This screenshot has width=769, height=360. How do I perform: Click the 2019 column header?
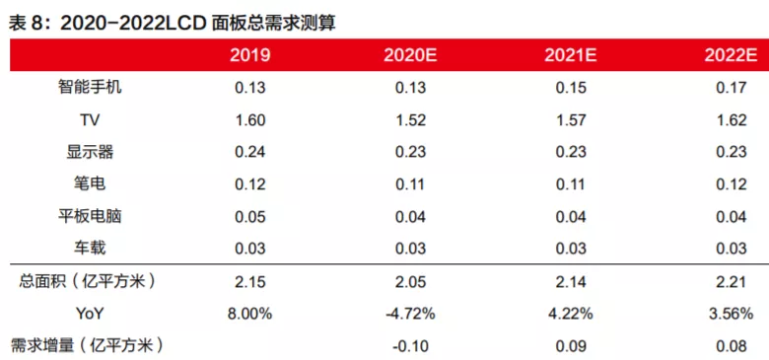(250, 55)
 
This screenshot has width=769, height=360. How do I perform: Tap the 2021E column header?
(570, 55)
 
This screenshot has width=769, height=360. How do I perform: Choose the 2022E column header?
(731, 55)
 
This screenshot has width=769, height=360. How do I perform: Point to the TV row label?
(90, 119)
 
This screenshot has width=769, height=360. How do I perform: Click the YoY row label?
(90, 313)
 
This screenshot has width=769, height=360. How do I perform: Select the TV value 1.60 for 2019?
(250, 119)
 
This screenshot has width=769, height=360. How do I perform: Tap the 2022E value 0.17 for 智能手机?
(731, 88)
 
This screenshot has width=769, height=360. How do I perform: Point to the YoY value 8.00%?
(250, 313)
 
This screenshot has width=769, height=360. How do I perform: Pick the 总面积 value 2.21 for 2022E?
(731, 281)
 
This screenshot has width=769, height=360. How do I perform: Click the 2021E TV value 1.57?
(570, 119)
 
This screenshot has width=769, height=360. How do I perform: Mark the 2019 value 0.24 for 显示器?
(250, 152)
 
